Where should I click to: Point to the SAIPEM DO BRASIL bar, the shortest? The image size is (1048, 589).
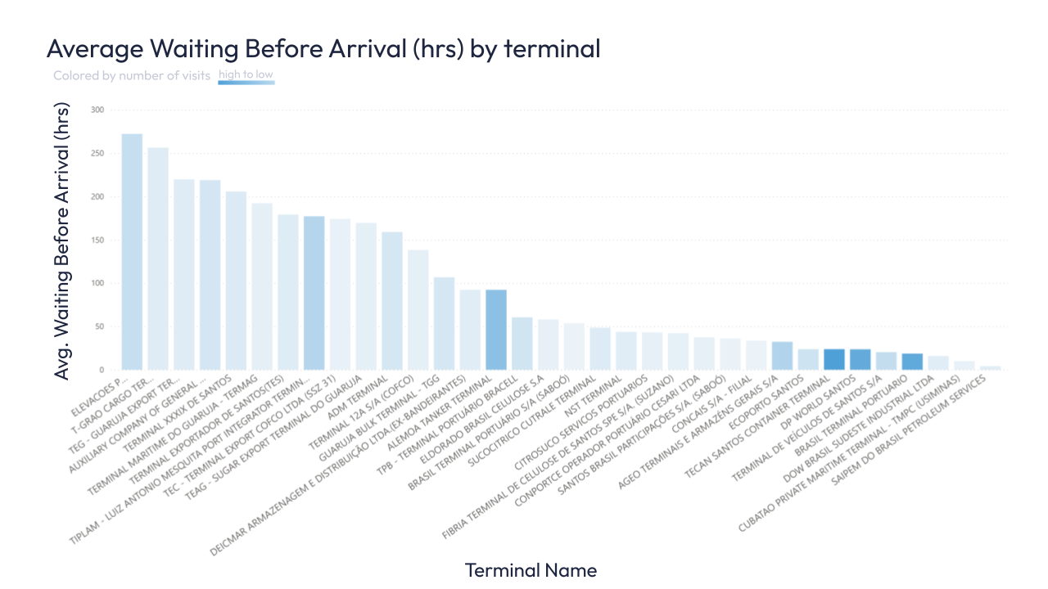click(991, 367)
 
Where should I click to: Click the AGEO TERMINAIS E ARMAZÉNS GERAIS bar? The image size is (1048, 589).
click(782, 356)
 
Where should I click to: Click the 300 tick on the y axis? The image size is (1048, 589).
click(97, 110)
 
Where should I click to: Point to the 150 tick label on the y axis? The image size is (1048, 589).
click(97, 241)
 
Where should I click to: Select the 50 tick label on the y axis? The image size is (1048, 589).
click(100, 326)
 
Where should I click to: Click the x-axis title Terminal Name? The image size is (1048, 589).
click(531, 569)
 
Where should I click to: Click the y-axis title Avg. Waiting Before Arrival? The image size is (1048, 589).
click(62, 241)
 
